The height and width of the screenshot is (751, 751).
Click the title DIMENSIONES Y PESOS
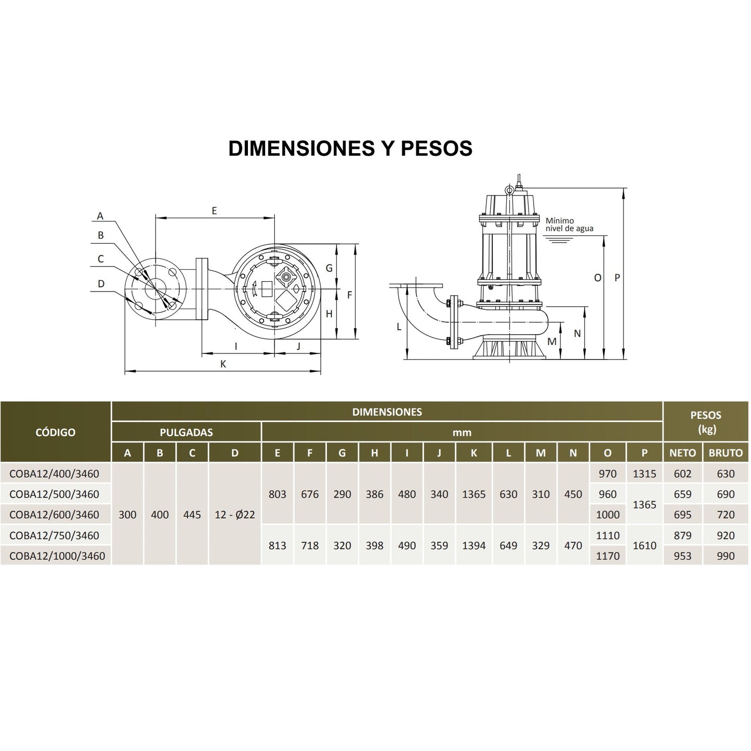click(350, 148)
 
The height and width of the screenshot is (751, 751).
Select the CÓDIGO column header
click(55, 432)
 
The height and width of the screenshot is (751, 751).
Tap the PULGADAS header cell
click(186, 432)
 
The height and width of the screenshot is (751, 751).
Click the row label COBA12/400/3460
click(54, 473)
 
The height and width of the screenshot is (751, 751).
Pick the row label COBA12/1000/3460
click(57, 556)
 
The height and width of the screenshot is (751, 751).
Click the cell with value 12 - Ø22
click(235, 515)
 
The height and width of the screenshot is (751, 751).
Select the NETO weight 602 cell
click(682, 473)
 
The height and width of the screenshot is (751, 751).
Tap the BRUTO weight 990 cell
click(726, 556)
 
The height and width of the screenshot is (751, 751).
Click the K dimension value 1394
click(474, 545)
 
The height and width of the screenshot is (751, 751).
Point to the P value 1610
click(644, 545)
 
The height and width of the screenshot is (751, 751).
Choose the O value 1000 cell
click(608, 515)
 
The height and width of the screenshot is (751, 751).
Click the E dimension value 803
click(278, 494)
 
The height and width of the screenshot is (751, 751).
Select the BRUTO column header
click(726, 453)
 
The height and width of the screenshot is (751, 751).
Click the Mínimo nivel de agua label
click(569, 225)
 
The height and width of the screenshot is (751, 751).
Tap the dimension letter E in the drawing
click(214, 210)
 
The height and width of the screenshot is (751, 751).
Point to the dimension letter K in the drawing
click(223, 364)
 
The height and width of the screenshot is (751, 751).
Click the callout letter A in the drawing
click(100, 216)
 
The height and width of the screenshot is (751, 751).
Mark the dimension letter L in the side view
click(399, 326)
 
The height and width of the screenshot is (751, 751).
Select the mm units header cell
click(462, 432)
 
